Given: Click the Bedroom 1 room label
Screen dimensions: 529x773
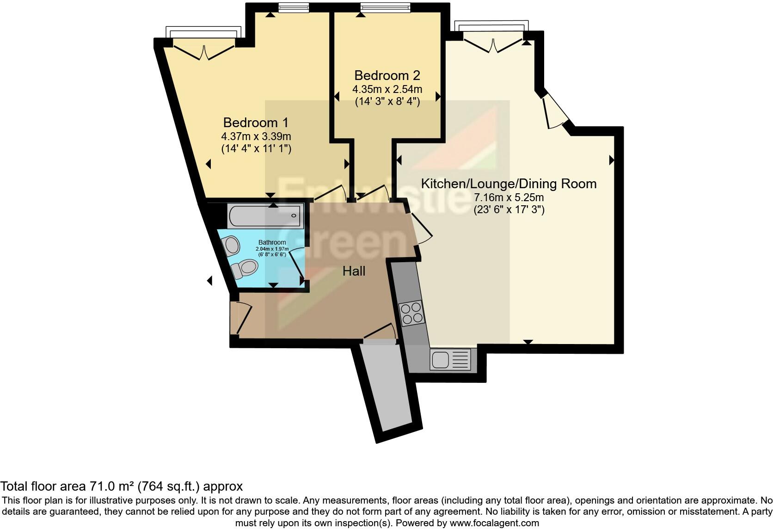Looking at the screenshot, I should pyautogui.click(x=256, y=123).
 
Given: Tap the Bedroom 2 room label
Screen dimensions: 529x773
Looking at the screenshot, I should pyautogui.click(x=387, y=75).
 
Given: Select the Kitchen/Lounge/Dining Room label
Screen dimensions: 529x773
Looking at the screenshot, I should pyautogui.click(x=509, y=184).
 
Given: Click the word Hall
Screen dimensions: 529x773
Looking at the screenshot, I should pyautogui.click(x=354, y=271).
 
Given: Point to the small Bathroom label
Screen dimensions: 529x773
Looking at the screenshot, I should pyautogui.click(x=272, y=242).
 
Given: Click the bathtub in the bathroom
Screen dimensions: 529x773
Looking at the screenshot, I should pyautogui.click(x=264, y=216).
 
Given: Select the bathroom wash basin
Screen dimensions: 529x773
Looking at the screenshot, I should pyautogui.click(x=231, y=245).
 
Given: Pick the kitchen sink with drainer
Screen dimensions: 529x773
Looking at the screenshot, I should pyautogui.click(x=451, y=359).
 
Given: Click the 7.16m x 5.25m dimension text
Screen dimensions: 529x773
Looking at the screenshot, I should pyautogui.click(x=509, y=198).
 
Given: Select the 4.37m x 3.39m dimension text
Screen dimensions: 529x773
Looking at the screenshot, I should pyautogui.click(x=256, y=137).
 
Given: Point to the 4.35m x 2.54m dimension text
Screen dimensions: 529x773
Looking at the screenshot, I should pyautogui.click(x=387, y=89).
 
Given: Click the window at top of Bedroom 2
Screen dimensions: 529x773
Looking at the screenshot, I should pyautogui.click(x=385, y=7).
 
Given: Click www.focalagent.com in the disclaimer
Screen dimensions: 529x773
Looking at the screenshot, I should pyautogui.click(x=494, y=523).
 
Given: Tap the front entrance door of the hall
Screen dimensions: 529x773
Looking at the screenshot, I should pyautogui.click(x=240, y=317).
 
